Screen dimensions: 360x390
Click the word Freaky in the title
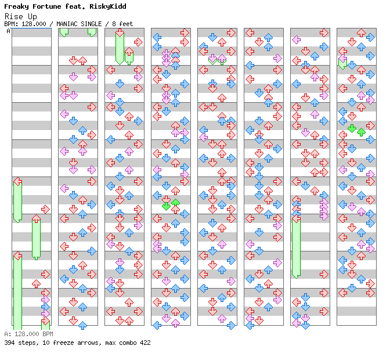pyautogui.click(x=16, y=6)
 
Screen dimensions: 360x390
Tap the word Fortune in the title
pyautogui.click(x=45, y=6)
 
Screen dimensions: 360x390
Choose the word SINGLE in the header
pyautogui.click(x=93, y=24)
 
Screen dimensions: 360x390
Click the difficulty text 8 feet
pyautogui.click(x=122, y=24)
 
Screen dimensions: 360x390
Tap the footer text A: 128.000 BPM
pyautogui.click(x=28, y=334)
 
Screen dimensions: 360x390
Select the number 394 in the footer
pyautogui.click(x=10, y=343)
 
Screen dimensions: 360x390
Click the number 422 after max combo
pyautogui.click(x=144, y=343)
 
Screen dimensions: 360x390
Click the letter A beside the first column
pyautogui.click(x=8, y=31)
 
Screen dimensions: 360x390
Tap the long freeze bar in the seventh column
pyautogui.click(x=296, y=247)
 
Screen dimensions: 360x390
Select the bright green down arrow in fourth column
pyautogui.click(x=167, y=205)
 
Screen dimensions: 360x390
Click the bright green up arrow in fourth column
pyautogui.click(x=175, y=202)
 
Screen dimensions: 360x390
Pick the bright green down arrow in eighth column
pyautogui.click(x=352, y=128)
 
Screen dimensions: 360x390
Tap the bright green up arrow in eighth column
pyautogui.click(x=361, y=132)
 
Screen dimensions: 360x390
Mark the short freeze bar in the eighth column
pyautogui.click(x=342, y=63)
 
